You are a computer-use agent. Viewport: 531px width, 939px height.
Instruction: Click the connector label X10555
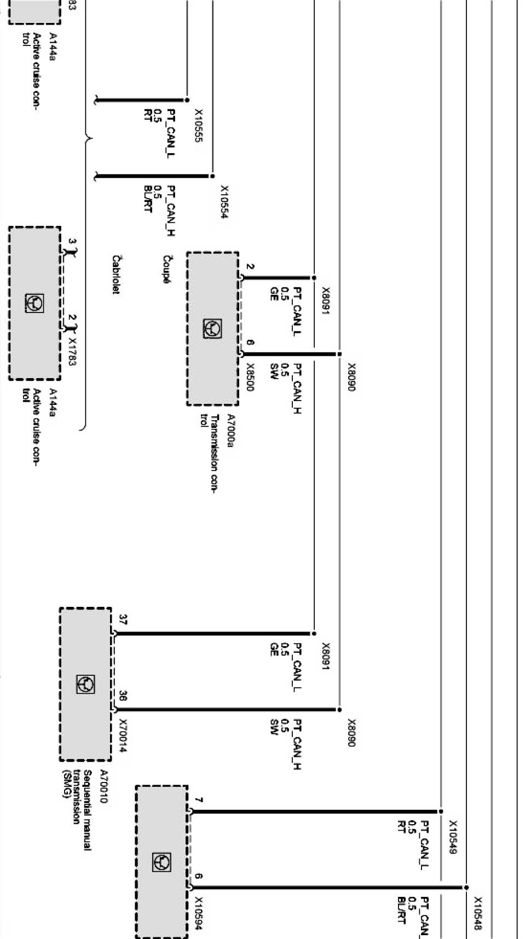199,125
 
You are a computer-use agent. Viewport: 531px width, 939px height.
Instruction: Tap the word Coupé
166,269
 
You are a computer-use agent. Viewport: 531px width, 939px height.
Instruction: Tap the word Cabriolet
116,275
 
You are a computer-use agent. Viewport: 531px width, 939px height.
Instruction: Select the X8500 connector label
250,377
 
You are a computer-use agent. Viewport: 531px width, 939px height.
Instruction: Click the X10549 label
453,837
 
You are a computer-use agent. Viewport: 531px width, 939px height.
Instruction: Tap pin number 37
123,620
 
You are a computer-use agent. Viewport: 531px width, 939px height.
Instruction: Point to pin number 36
123,697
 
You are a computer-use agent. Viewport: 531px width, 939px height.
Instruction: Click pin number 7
199,800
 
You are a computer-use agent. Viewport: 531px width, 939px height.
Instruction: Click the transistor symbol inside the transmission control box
212,328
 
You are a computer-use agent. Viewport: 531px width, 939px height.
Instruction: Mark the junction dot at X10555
187,100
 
